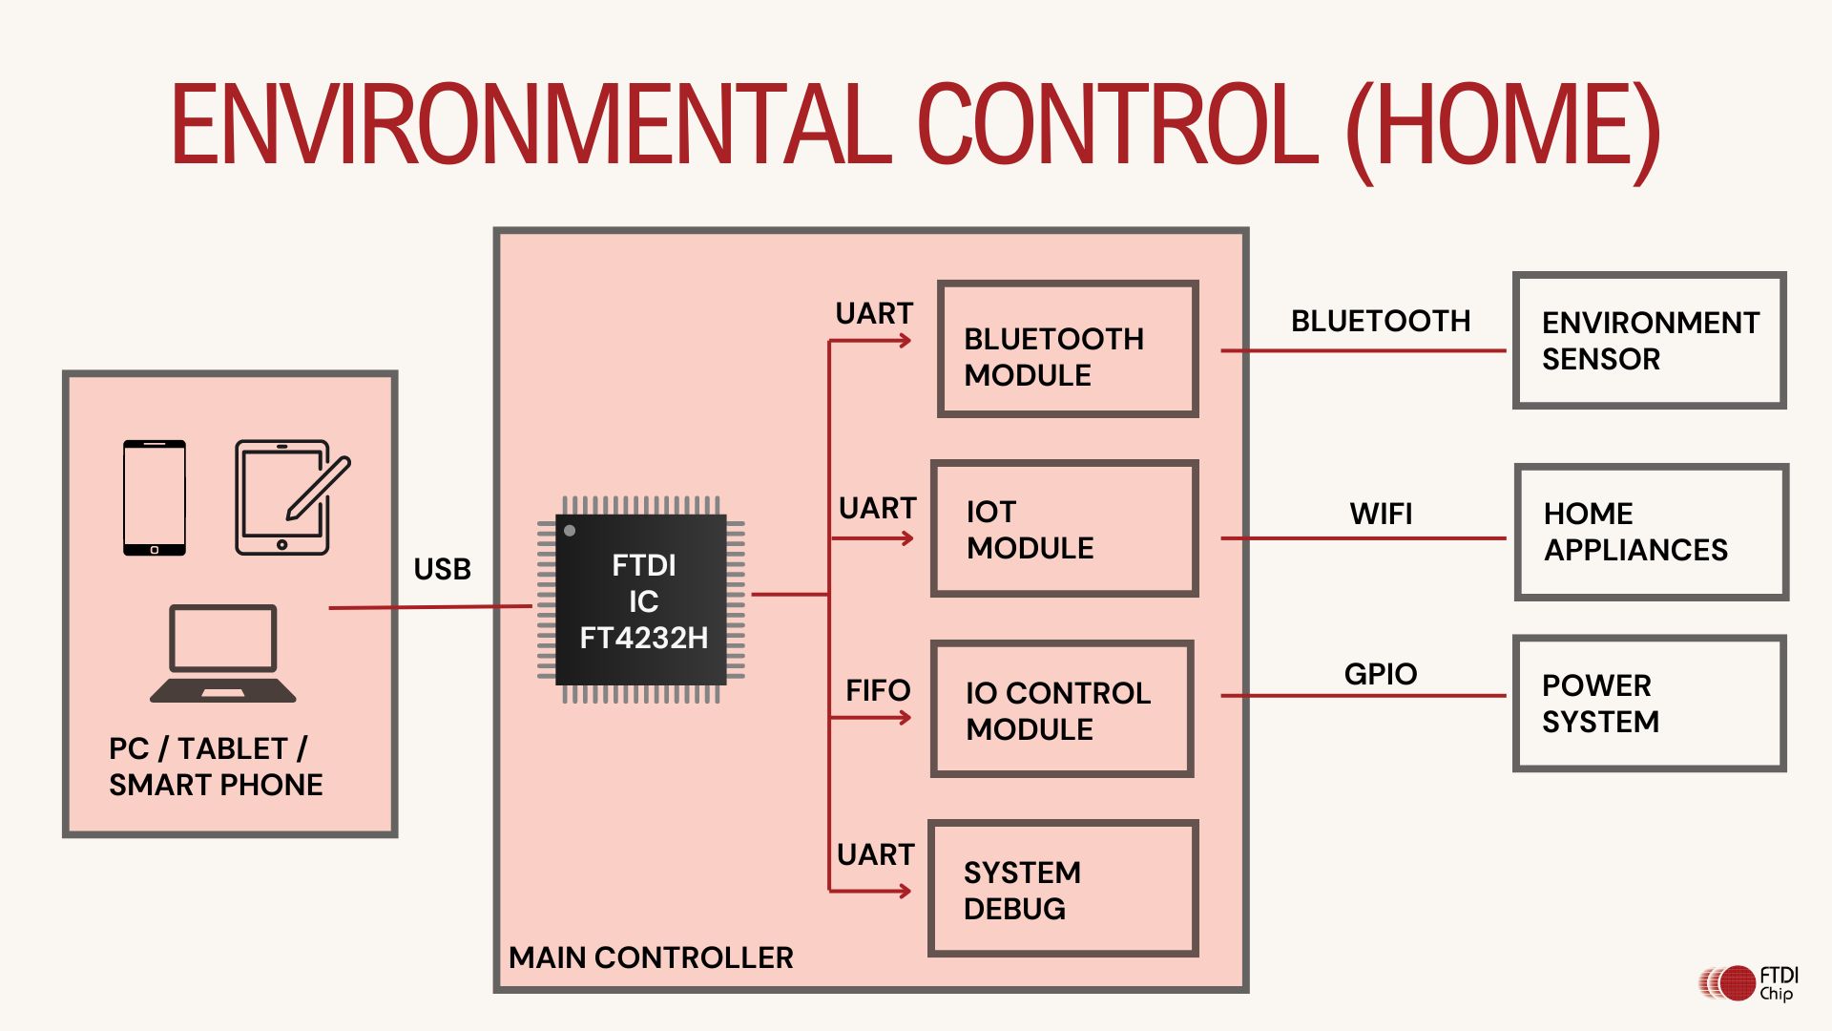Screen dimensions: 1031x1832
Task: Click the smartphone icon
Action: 155,497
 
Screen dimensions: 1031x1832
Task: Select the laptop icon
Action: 223,654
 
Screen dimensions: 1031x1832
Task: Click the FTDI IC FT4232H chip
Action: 641,600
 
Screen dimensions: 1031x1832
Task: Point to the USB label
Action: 442,569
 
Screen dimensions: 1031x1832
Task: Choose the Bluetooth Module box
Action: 1067,349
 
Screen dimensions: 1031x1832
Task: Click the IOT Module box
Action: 1064,529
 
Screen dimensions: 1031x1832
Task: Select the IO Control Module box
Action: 1062,708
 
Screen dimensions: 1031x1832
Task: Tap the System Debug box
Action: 1063,888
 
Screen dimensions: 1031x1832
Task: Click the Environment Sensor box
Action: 1649,341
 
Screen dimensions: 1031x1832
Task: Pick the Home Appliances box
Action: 1651,532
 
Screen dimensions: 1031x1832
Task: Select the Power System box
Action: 1649,703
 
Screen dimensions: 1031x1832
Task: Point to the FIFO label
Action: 878,690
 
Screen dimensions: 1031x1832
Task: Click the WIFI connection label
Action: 1381,514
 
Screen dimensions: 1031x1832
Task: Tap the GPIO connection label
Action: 1381,674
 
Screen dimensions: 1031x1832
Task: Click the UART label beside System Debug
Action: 875,854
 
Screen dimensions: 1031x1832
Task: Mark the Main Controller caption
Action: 651,957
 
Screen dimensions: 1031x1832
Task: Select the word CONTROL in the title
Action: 1117,125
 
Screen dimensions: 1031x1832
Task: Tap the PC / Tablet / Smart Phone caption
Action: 216,767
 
